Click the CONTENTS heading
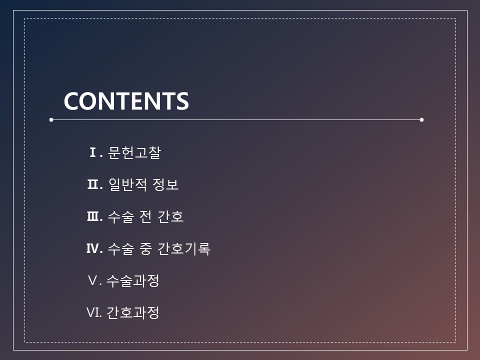tap(126, 101)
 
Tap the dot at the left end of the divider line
tap(51, 119)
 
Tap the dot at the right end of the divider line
tap(421, 119)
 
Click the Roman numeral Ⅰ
tap(93, 152)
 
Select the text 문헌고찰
tap(134, 152)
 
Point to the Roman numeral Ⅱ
tap(93, 184)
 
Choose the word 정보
tap(165, 184)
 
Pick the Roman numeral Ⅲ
tap(93, 216)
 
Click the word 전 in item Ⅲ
tap(145, 216)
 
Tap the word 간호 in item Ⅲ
tap(170, 216)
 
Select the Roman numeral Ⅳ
tap(93, 248)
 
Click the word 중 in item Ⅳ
tap(145, 249)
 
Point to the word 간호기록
tap(184, 249)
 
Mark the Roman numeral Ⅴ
tap(92, 280)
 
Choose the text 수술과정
tap(133, 280)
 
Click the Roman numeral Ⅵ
tap(93, 312)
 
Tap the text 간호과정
tap(133, 313)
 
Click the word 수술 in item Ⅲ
tap(121, 216)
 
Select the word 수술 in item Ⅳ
tap(121, 249)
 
